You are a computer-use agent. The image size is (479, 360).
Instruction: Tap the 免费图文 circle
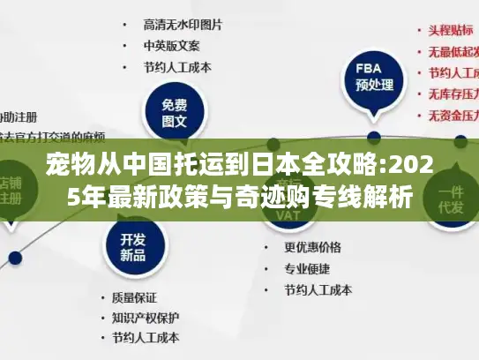coord(175,113)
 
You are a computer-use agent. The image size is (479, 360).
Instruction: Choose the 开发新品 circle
coord(132,246)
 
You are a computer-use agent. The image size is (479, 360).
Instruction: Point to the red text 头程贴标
coord(450,29)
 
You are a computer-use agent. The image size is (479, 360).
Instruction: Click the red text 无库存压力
coord(452,94)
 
